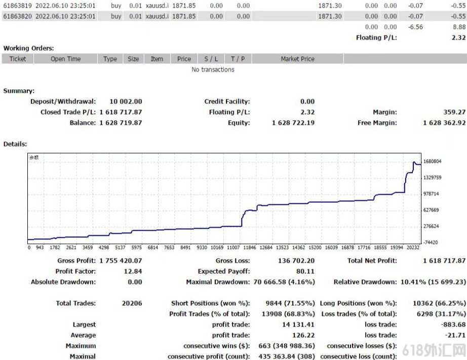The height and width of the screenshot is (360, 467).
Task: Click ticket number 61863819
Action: coord(17,6)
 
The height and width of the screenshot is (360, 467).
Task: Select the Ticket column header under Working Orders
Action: coord(18,59)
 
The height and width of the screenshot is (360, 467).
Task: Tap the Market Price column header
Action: coord(297,59)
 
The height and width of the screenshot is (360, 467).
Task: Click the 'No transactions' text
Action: coord(213,69)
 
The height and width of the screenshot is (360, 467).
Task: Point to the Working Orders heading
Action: coord(28,48)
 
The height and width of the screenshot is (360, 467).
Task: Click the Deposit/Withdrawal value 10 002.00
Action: coord(126,101)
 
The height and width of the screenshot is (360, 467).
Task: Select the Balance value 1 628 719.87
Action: coord(121,123)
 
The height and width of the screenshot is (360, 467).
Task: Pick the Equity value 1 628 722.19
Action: coord(293,123)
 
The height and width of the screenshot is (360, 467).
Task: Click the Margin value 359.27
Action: coord(454,112)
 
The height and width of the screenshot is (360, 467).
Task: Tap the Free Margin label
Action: coord(377,123)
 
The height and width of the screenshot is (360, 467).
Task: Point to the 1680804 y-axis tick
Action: coord(432,161)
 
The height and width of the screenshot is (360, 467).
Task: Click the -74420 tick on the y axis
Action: coord(431,242)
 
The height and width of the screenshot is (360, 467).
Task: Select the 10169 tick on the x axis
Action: coord(217,247)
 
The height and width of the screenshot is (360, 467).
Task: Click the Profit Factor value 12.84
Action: coord(133,271)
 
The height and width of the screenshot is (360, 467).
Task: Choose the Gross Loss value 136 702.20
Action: coord(296,261)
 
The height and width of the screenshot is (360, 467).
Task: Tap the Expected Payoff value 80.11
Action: coord(305,271)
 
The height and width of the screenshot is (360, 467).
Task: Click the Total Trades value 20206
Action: coord(132,303)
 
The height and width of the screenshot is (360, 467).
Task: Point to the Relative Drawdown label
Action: coord(365,282)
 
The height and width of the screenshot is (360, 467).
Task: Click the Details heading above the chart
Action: coord(15,144)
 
